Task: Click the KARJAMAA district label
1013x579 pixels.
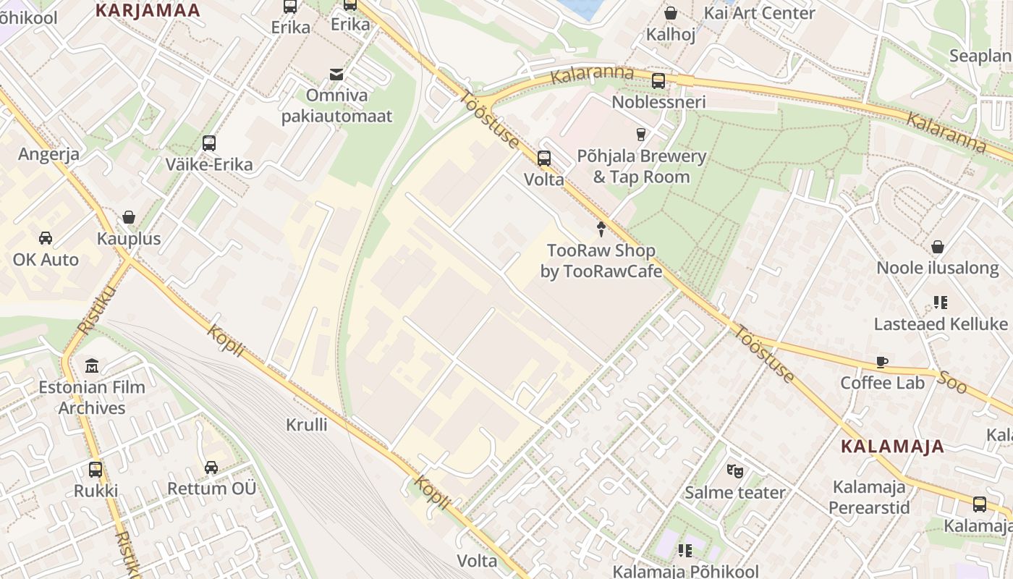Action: (x=148, y=10)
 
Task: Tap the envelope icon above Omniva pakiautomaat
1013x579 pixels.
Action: (x=336, y=74)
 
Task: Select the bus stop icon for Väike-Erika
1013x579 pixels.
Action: (x=209, y=143)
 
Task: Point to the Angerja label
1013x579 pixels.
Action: (x=49, y=154)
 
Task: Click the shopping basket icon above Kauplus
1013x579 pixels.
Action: (x=129, y=217)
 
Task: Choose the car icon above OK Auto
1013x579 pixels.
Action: (x=45, y=238)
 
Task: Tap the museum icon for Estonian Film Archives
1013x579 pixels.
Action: (x=92, y=365)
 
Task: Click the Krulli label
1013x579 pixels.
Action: (x=307, y=425)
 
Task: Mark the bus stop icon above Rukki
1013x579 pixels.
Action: (x=96, y=469)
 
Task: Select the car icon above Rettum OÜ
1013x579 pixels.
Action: (x=211, y=468)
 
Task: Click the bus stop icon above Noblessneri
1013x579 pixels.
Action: (x=658, y=80)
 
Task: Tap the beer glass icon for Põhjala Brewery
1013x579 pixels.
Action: (x=640, y=134)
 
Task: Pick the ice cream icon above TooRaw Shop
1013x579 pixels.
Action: (x=601, y=229)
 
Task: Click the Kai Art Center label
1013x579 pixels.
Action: (x=759, y=13)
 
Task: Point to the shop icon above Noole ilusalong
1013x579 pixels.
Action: (x=938, y=247)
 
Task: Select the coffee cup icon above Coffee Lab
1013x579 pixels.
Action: (x=882, y=362)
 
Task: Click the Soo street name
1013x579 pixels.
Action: (x=952, y=382)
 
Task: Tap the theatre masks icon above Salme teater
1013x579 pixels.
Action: (x=735, y=471)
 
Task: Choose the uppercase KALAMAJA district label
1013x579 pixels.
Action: (x=893, y=447)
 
